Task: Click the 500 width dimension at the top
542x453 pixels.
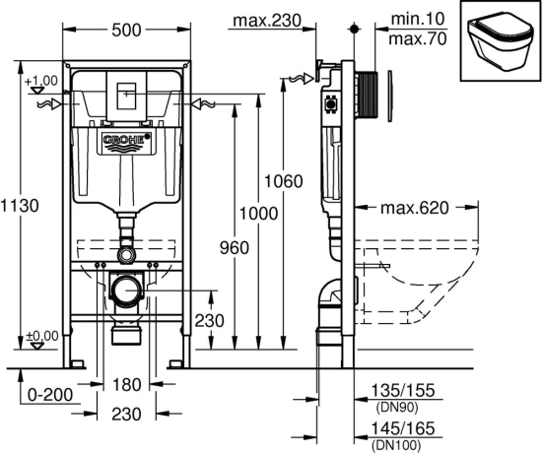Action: [124, 30]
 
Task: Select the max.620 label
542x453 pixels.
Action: [415, 208]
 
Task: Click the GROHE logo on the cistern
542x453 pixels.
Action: [124, 141]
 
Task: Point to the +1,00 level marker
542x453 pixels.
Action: [40, 81]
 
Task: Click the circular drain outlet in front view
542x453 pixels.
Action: [124, 291]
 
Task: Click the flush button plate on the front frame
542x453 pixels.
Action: [124, 96]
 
